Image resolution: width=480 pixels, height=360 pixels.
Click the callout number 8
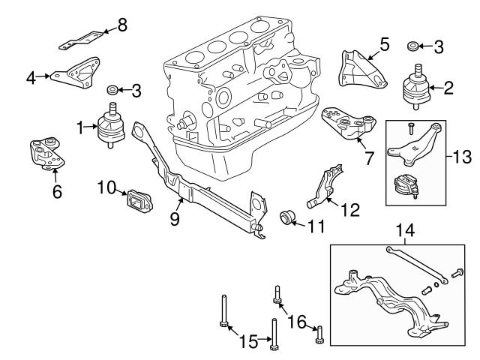[x=123, y=24]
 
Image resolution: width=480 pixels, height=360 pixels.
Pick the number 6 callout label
[x=57, y=191]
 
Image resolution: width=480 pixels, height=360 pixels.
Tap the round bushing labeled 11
[x=288, y=218]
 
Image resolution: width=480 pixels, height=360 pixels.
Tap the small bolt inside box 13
[x=411, y=129]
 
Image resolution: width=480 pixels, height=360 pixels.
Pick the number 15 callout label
[x=248, y=342]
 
